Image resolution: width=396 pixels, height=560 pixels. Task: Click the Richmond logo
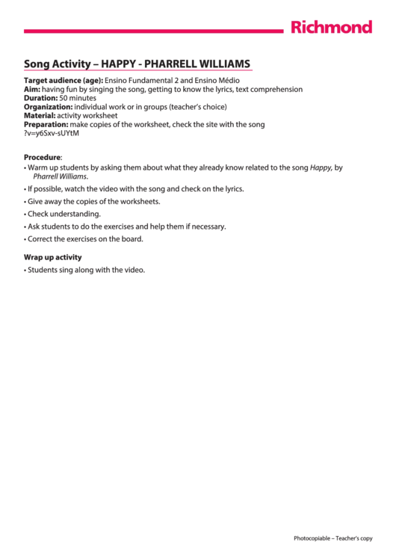(331, 28)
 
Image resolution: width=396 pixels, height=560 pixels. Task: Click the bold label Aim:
(32, 89)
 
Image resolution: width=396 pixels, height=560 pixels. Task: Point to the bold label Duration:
(40, 98)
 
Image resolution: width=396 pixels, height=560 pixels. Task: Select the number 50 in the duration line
(64, 98)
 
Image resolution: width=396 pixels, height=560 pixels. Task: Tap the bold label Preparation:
(46, 125)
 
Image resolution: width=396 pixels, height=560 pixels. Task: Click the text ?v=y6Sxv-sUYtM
(52, 134)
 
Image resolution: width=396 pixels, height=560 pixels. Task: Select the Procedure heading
(42, 158)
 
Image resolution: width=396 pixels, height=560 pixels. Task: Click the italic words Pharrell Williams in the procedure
(60, 177)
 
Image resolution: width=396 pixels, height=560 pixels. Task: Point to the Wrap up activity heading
(53, 257)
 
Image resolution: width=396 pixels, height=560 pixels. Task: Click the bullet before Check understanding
(25, 214)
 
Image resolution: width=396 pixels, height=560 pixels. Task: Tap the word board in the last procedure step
(131, 239)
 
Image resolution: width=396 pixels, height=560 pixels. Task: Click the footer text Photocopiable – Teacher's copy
(332, 538)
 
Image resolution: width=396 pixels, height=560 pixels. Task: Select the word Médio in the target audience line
(229, 80)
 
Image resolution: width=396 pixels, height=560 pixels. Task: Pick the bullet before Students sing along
(25, 270)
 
